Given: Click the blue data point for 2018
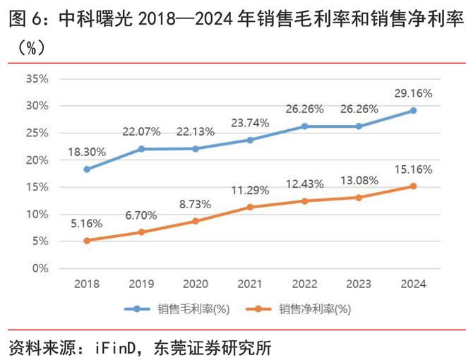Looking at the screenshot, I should (87, 169).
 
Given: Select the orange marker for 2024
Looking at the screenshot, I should (413, 186).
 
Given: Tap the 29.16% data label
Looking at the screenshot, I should (413, 93).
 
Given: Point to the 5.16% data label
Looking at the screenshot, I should (87, 223).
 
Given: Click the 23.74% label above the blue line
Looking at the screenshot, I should (250, 123).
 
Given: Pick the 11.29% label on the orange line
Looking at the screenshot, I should (250, 190).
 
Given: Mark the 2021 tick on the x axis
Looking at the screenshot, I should (250, 284).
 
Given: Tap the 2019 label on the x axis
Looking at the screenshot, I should (141, 284).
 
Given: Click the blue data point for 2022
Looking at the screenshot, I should (304, 126).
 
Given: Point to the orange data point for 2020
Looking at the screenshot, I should (196, 221).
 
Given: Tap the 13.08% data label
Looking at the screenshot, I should (359, 181).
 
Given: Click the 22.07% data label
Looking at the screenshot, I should (141, 131).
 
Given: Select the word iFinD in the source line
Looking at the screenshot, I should (105, 347).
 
